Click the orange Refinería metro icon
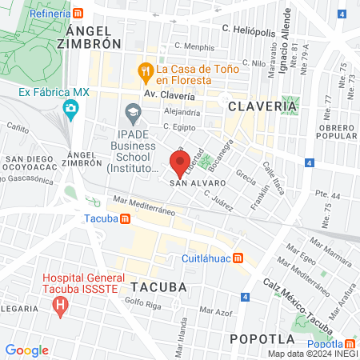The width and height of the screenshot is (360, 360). coord(77,14)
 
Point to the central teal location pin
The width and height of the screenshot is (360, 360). coord(178,163)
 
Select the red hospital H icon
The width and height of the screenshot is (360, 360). coord(59,305)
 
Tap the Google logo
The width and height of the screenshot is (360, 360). coord(26,350)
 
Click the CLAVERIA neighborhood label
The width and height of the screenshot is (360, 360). coord(262,105)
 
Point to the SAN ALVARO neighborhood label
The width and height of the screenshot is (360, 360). coord(197,182)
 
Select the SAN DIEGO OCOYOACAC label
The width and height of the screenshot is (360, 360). coord(33,165)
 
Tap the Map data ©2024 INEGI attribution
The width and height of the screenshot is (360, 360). coord(313,354)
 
